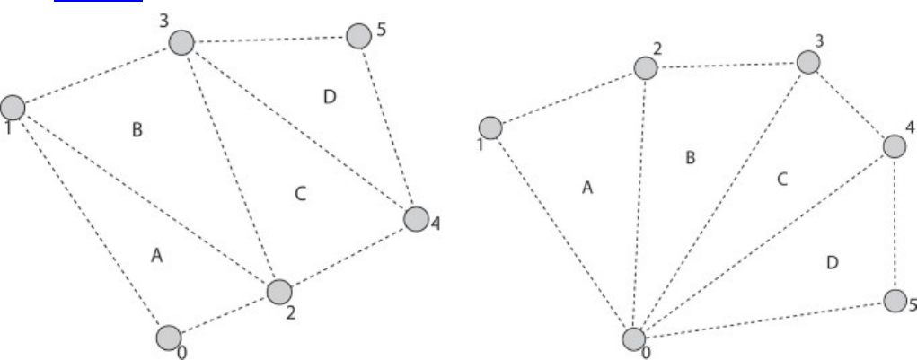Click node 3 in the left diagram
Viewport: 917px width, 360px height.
point(182,41)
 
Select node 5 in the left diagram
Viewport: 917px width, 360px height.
point(358,36)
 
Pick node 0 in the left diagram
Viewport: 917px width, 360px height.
point(168,338)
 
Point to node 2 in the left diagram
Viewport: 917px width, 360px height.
point(279,292)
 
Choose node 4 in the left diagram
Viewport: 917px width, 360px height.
point(416,218)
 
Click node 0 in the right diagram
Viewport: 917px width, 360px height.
point(634,339)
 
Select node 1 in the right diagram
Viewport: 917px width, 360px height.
point(491,128)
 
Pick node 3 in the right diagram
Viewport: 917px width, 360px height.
point(807,62)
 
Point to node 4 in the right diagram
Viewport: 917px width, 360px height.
point(895,146)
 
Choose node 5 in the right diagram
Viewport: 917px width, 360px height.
point(895,301)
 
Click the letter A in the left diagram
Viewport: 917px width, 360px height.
point(155,257)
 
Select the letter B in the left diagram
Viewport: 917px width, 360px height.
point(137,131)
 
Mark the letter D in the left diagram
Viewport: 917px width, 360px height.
point(329,96)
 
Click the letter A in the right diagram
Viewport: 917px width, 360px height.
point(587,188)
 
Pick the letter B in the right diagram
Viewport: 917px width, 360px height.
point(690,158)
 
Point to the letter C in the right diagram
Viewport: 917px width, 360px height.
point(781,179)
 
